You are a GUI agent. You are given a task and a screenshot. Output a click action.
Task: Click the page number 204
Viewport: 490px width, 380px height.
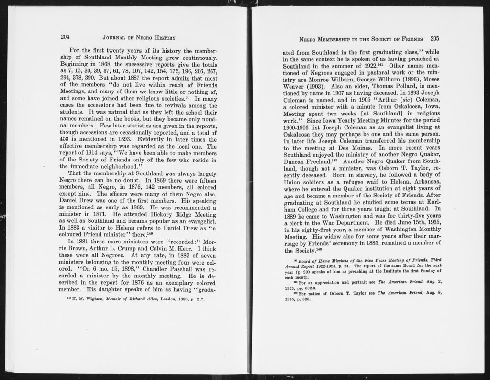tap(66, 37)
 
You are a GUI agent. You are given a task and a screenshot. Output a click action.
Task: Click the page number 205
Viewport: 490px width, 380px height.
tap(434, 38)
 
